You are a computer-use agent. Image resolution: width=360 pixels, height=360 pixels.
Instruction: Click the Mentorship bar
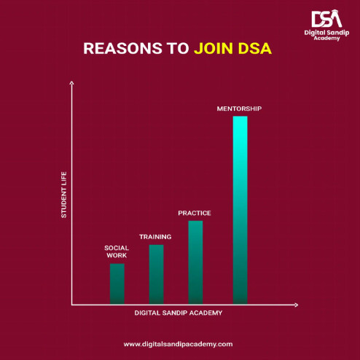pyautogui.click(x=240, y=210)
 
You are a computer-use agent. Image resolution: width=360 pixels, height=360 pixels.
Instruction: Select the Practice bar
pyautogui.click(x=195, y=262)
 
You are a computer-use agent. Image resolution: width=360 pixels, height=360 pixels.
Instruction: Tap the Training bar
pyautogui.click(x=156, y=274)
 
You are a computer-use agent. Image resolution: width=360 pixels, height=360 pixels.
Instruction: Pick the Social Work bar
pyautogui.click(x=117, y=283)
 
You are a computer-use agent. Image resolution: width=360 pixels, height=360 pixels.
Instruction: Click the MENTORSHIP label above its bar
pyautogui.click(x=239, y=109)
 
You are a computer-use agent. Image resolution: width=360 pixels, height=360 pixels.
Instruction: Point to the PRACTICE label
pyautogui.click(x=195, y=213)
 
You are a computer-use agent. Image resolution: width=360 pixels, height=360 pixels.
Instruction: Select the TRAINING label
pyautogui.click(x=155, y=237)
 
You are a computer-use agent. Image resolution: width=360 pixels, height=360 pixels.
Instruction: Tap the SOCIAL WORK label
pyautogui.click(x=117, y=251)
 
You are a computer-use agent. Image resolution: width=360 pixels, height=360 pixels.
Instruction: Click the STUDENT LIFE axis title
pyautogui.click(x=63, y=195)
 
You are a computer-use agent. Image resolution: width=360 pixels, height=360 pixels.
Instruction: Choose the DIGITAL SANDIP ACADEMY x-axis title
pyautogui.click(x=179, y=313)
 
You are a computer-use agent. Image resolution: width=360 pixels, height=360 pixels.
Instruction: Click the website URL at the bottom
pyautogui.click(x=178, y=344)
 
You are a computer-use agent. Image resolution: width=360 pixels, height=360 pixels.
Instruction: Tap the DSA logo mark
pyautogui.click(x=327, y=18)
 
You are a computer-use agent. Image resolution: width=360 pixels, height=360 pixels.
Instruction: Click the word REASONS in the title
pyautogui.click(x=122, y=48)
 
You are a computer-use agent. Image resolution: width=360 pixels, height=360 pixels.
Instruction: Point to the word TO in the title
pyautogui.click(x=178, y=48)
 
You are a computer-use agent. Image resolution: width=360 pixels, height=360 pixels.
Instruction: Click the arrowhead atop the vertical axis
pyautogui.click(x=71, y=83)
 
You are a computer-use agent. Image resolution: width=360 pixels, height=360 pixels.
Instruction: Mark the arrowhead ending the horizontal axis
pyautogui.click(x=296, y=305)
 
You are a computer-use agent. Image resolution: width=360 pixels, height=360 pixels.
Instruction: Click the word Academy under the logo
pyautogui.click(x=326, y=39)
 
